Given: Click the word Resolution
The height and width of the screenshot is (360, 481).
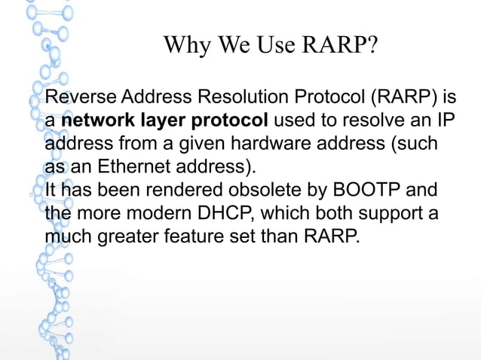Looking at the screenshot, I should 250,97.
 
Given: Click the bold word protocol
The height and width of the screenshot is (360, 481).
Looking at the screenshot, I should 231,121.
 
